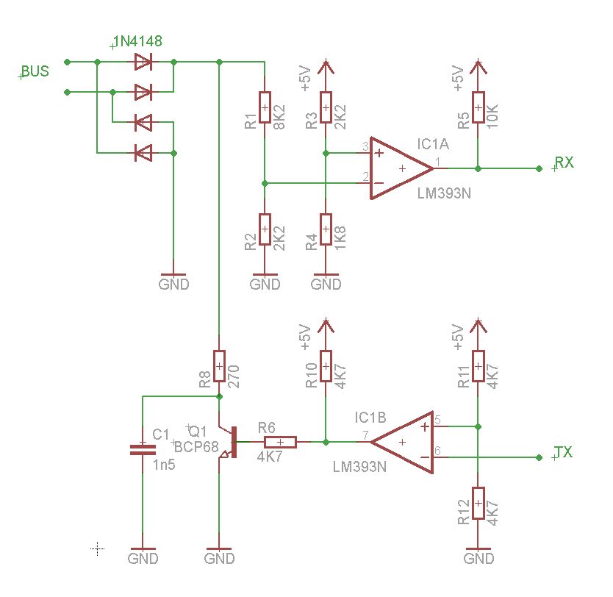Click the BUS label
(35, 71)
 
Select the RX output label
(564, 162)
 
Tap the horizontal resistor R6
(280, 442)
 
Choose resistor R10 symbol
(326, 367)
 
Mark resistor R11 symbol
(478, 367)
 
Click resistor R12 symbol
(478, 507)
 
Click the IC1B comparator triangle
(403, 442)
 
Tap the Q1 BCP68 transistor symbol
(229, 443)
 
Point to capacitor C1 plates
(143, 450)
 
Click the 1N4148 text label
(137, 42)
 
